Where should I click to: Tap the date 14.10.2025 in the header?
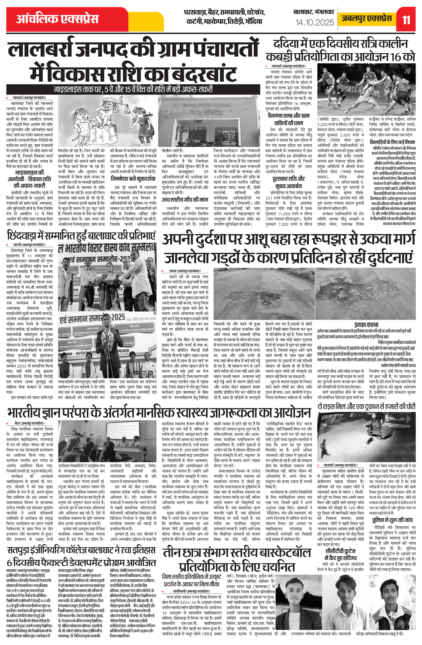[x=315, y=22]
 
